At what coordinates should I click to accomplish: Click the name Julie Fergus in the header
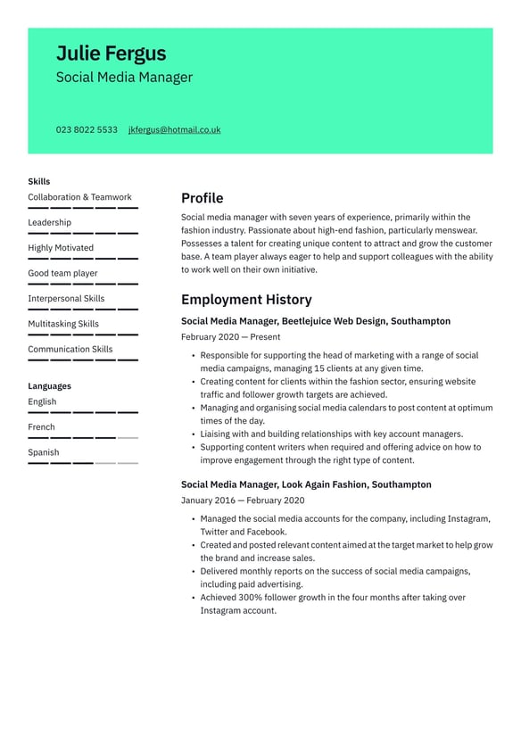click(x=111, y=54)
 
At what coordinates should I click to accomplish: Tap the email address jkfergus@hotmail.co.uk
click(x=174, y=130)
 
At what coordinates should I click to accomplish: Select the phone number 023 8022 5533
click(x=87, y=130)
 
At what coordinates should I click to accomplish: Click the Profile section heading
click(x=202, y=198)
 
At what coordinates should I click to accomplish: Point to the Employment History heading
click(x=246, y=300)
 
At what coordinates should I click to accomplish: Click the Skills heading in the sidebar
click(x=39, y=181)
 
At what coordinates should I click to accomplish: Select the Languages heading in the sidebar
click(x=49, y=386)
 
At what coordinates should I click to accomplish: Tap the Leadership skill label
click(x=49, y=223)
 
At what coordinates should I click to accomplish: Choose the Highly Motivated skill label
click(x=60, y=248)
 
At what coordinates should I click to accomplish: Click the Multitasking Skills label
click(x=63, y=324)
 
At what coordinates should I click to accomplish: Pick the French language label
click(x=41, y=427)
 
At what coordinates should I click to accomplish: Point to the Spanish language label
click(x=43, y=452)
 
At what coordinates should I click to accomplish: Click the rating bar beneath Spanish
click(x=83, y=463)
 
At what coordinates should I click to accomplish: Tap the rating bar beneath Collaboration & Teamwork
click(x=83, y=208)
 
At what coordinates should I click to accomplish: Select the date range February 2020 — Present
click(x=230, y=337)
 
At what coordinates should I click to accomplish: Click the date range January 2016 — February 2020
click(x=243, y=500)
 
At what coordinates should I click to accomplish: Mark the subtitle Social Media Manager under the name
click(x=124, y=78)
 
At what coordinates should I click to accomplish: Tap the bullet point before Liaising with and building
click(x=193, y=434)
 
